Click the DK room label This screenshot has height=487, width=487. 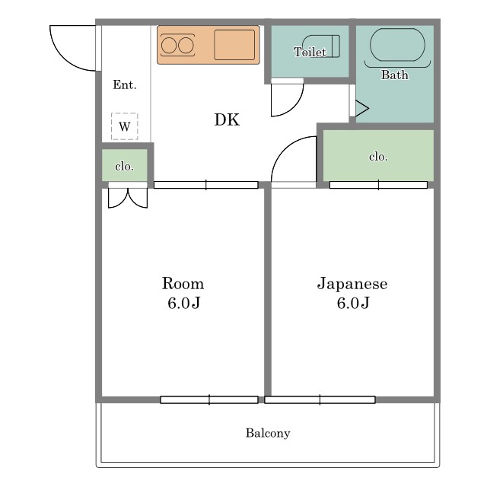click(227, 120)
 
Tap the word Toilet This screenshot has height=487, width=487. click(310, 52)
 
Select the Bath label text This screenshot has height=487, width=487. click(395, 75)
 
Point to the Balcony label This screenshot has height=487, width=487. click(268, 433)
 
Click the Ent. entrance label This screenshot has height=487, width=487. click(125, 84)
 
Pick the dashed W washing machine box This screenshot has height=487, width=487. click(125, 126)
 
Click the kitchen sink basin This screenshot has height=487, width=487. click(234, 45)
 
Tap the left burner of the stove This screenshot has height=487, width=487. click(169, 46)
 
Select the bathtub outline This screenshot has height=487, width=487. click(397, 45)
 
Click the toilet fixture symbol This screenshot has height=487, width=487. click(321, 46)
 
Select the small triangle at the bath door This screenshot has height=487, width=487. click(362, 108)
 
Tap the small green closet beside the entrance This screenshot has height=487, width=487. click(125, 165)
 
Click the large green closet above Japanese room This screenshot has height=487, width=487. click(378, 155)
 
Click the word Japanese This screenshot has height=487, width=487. click(352, 284)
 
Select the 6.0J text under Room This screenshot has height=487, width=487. click(184, 303)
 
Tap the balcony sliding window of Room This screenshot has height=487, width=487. click(209, 399)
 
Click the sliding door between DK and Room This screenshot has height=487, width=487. click(205, 185)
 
